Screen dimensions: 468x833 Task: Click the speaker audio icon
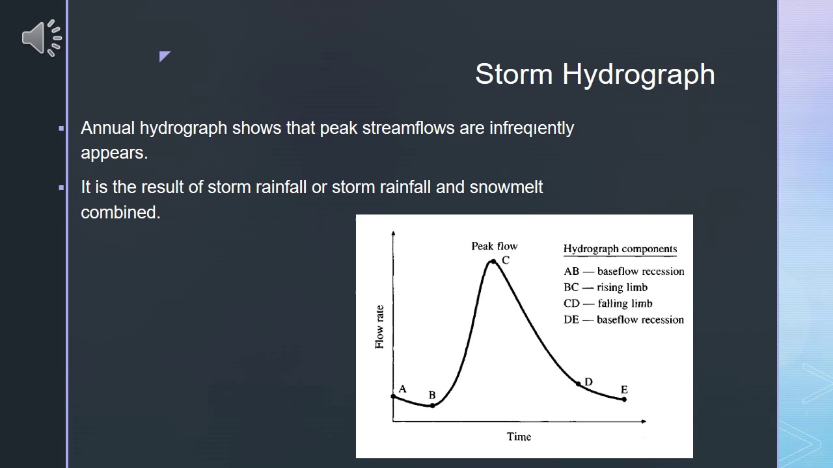[x=42, y=38]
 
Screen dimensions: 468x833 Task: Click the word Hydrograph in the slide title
[x=638, y=74]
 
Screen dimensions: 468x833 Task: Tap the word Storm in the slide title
[x=514, y=74]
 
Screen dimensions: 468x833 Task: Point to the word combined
[x=120, y=213]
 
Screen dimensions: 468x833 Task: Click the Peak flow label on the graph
[x=494, y=246]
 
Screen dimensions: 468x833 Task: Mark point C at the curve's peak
[x=493, y=261]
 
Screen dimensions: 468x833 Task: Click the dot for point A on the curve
[x=393, y=396]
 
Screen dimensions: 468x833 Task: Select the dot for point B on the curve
[x=432, y=406]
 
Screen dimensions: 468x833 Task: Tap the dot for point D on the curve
[x=578, y=384]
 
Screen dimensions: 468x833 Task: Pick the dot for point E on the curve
[x=624, y=399]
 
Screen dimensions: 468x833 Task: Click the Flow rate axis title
[x=379, y=327]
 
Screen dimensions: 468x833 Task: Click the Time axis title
[x=519, y=437]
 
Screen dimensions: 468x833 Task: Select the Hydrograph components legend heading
[x=620, y=249]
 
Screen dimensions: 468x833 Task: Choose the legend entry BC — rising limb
[x=605, y=287]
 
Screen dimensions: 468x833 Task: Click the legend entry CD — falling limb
[x=608, y=304]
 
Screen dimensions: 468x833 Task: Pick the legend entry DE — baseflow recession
[x=623, y=320]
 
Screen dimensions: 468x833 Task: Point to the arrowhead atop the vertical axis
[x=393, y=233]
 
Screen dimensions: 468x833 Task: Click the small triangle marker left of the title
[x=163, y=56]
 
